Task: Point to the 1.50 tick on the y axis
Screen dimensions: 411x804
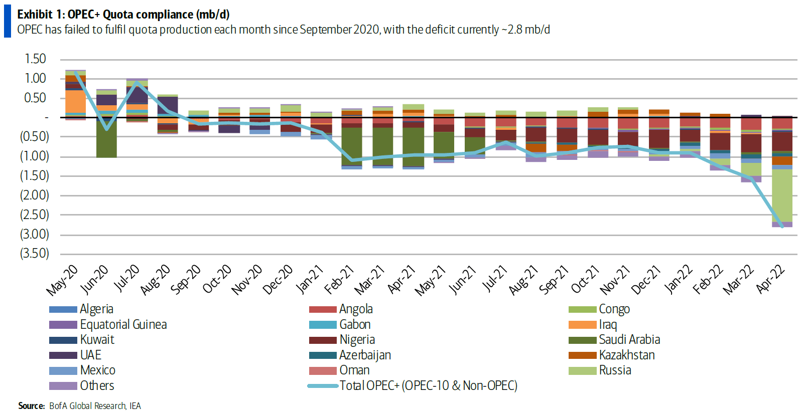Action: point(35,59)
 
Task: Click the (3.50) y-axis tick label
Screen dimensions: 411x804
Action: point(34,254)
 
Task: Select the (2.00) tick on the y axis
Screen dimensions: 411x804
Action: point(34,195)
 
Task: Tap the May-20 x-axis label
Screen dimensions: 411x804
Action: point(62,280)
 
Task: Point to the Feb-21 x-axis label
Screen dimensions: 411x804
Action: point(339,280)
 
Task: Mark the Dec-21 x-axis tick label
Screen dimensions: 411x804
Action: point(646,280)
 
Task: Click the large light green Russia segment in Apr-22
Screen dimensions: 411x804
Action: point(782,195)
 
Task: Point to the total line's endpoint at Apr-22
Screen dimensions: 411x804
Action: point(782,227)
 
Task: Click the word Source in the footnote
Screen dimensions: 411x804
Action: point(31,406)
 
